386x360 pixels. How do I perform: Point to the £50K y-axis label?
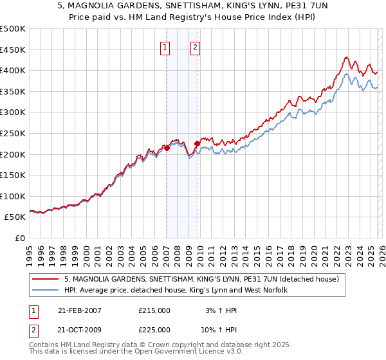click(x=14, y=217)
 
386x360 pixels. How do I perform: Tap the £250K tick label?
click(x=12, y=133)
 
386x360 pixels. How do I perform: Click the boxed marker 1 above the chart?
click(x=165, y=46)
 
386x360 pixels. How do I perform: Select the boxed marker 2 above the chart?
click(x=194, y=46)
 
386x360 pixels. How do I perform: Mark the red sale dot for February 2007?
click(x=167, y=148)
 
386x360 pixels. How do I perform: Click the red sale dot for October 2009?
click(x=197, y=144)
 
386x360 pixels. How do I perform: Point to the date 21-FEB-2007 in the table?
click(x=79, y=310)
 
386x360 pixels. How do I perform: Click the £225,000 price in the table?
click(x=154, y=329)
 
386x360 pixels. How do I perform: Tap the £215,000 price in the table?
click(x=154, y=310)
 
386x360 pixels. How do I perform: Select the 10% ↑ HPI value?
click(x=220, y=329)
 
